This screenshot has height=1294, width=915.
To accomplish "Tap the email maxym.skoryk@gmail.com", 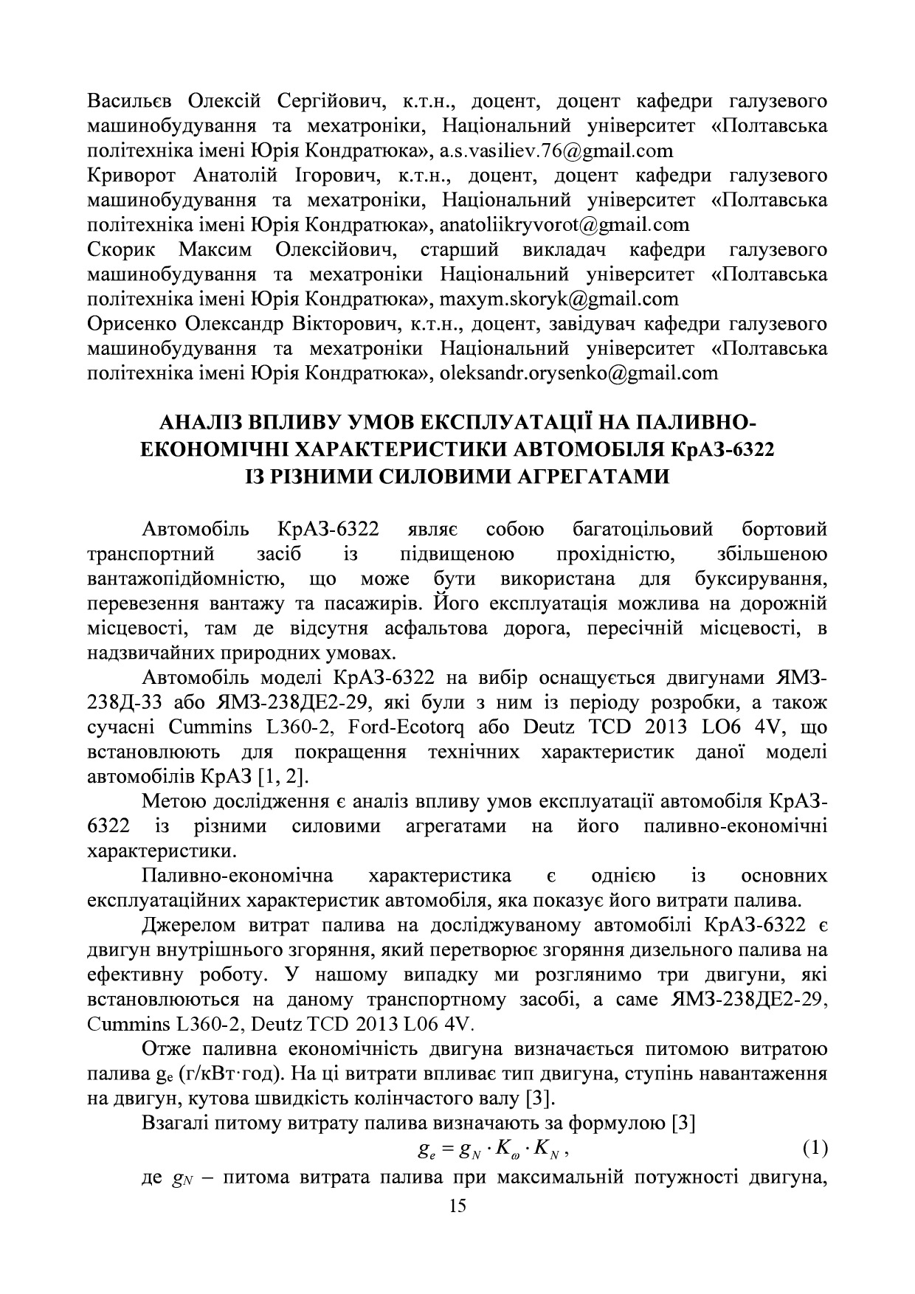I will [x=559, y=299].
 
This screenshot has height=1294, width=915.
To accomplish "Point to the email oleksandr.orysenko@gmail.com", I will [x=579, y=373].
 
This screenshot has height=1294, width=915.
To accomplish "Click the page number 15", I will [x=457, y=1205].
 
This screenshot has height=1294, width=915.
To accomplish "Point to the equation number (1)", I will [x=814, y=1148].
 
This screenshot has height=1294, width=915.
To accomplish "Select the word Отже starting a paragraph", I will [x=167, y=1049].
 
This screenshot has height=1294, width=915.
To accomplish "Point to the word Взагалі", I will [x=175, y=1124].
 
